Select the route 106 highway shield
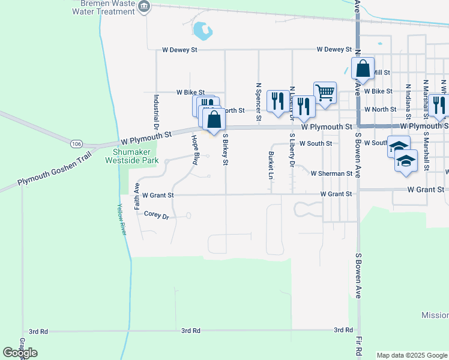click(76, 144)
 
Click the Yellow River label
click(123, 219)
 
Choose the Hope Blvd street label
click(195, 150)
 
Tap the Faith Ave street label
click(137, 196)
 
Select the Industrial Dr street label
click(155, 112)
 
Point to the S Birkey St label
click(226, 149)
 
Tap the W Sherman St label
click(331, 173)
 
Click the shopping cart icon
click(325, 93)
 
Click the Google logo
click(20, 353)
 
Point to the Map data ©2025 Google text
click(412, 355)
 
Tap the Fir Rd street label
click(358, 349)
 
